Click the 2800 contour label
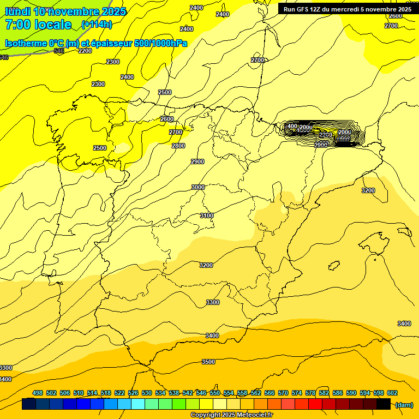click(x=178, y=146)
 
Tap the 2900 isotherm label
click(x=197, y=161)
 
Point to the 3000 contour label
click(x=198, y=187)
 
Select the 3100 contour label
click(x=207, y=216)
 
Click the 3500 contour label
click(x=208, y=362)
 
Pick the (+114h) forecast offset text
click(x=97, y=25)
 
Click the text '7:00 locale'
click(x=38, y=25)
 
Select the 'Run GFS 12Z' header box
click(x=347, y=9)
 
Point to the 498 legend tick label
click(x=38, y=393)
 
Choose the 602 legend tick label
click(x=392, y=393)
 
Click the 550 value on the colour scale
click(x=215, y=393)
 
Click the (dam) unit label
click(x=404, y=405)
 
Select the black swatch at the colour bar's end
click(x=384, y=404)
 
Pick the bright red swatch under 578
click(x=315, y=404)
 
